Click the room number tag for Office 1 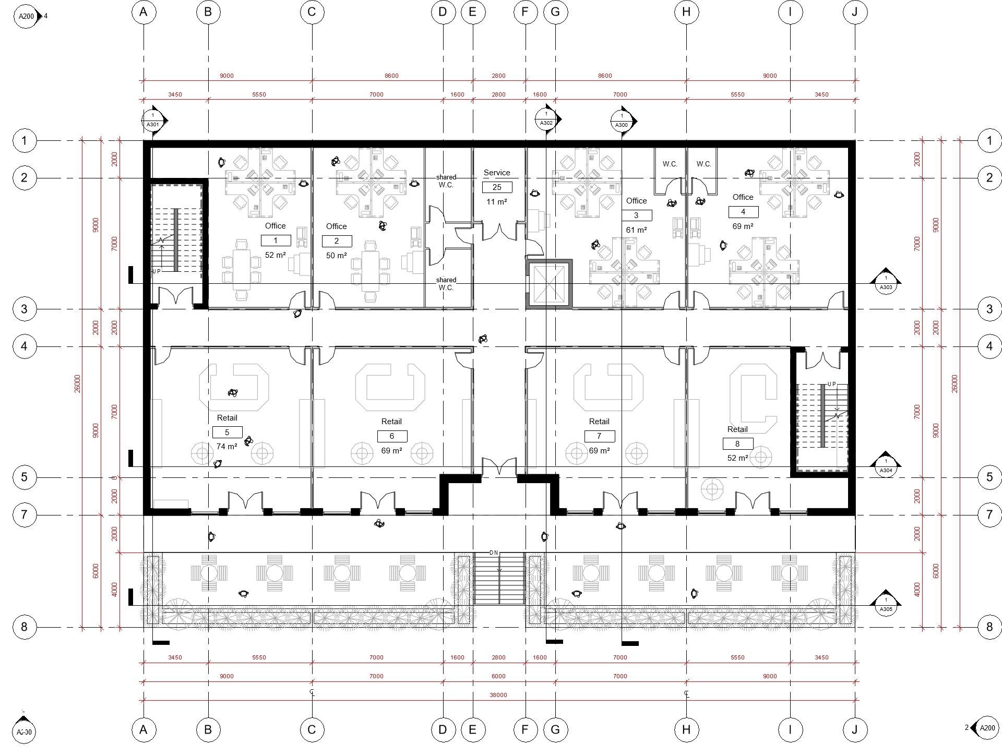click(x=276, y=241)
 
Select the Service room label click(x=497, y=173)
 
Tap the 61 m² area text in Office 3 click(x=636, y=230)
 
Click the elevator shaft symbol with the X click(x=548, y=283)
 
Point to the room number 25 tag click(x=497, y=187)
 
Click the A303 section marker click(x=886, y=282)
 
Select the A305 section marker click(x=886, y=604)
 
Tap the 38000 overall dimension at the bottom click(x=498, y=695)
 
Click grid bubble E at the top click(x=473, y=12)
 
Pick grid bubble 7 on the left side click(x=24, y=515)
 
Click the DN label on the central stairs click(x=494, y=553)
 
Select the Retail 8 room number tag click(x=737, y=443)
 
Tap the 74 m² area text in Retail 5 click(x=227, y=447)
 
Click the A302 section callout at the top click(x=547, y=119)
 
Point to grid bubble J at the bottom click(x=854, y=729)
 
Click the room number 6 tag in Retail click(x=392, y=436)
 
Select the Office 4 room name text click(x=743, y=197)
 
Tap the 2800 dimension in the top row click(x=498, y=76)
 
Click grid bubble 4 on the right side click(x=989, y=346)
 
